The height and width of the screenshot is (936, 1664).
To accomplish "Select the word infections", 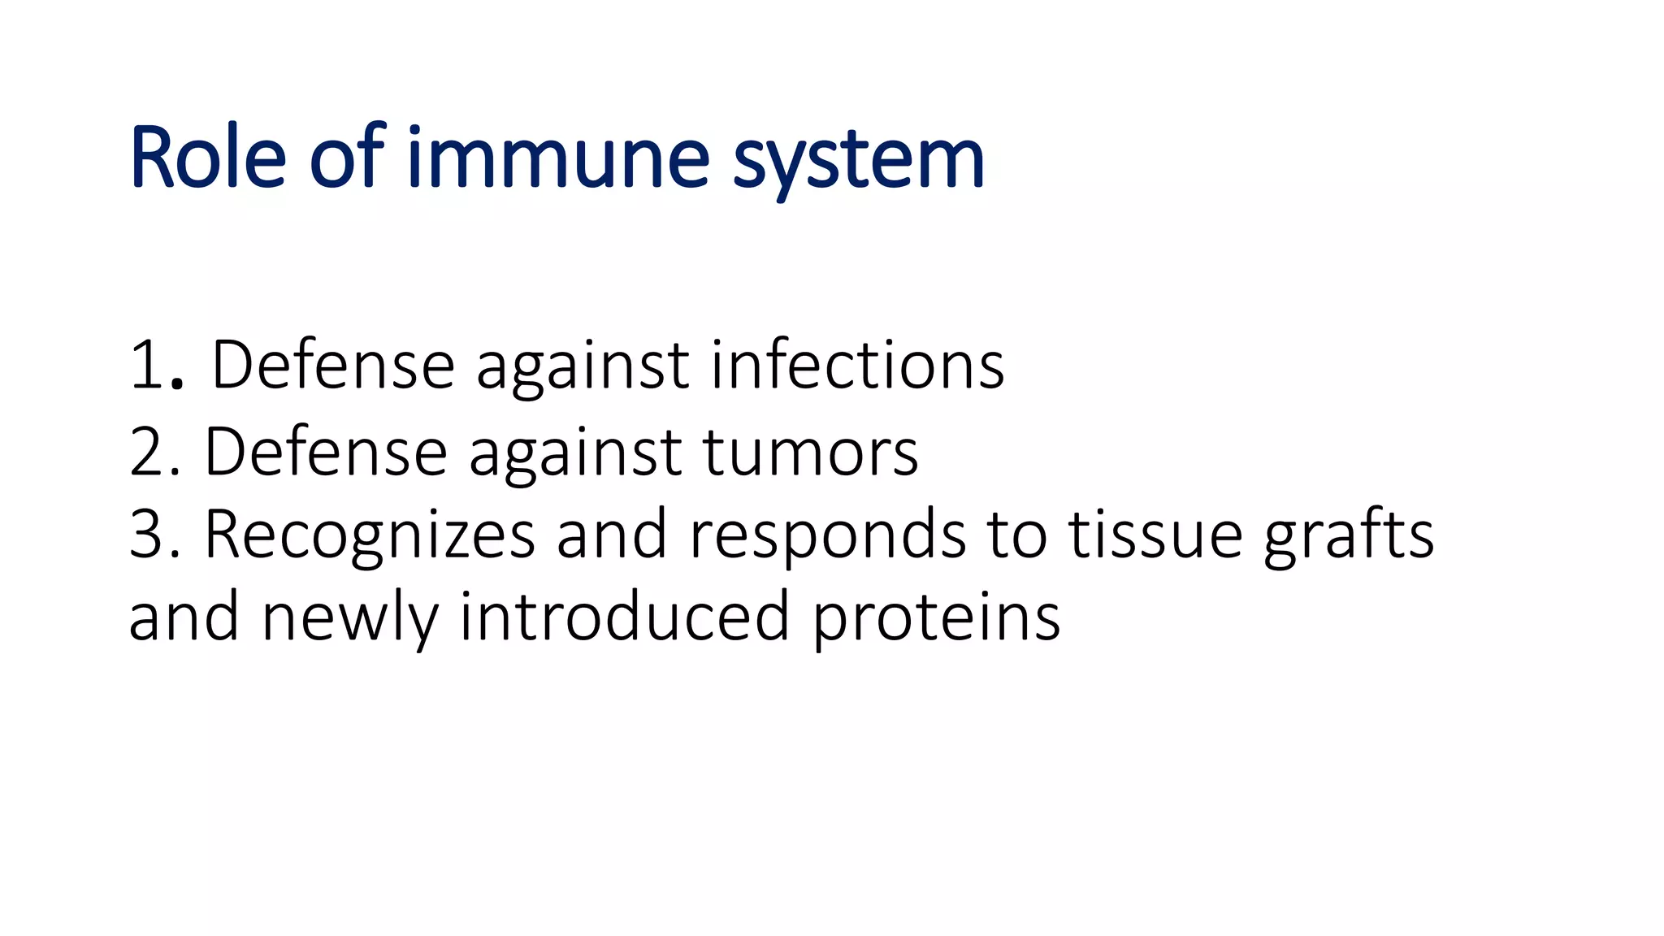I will coord(857,366).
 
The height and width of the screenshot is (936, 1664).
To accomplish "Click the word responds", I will coord(827,536).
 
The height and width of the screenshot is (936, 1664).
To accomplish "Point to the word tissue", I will coord(1155,535).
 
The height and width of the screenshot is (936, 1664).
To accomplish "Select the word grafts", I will coord(1349,536).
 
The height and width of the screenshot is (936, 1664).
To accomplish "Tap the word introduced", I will coord(624,616).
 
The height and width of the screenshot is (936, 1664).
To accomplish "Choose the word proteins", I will coord(936,619).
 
